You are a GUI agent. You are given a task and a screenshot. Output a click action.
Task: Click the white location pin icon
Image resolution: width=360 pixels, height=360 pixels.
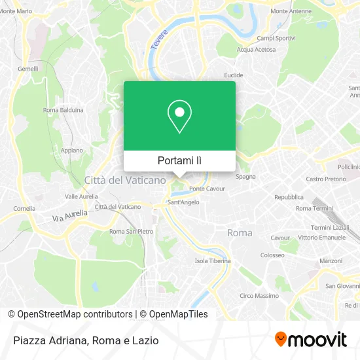[x=179, y=117]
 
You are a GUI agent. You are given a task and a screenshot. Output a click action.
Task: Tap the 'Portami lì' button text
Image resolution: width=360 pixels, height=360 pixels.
[x=179, y=160]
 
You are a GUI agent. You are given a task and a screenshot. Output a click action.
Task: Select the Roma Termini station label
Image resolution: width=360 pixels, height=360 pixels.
[x=314, y=208]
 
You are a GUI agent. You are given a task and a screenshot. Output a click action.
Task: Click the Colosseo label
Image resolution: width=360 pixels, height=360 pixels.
[x=272, y=255]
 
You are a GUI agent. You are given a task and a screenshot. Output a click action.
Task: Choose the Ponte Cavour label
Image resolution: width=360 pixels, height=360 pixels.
[x=207, y=189]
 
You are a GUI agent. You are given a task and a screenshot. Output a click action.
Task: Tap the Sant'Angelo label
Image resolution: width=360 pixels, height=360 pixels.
[x=183, y=202]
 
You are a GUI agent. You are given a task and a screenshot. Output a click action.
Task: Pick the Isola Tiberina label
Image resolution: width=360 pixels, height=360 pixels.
[x=213, y=261]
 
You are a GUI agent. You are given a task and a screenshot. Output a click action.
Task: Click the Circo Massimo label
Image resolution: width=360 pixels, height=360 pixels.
[x=259, y=296]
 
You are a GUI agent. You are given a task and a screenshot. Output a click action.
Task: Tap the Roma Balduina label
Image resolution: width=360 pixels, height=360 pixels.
[x=63, y=110]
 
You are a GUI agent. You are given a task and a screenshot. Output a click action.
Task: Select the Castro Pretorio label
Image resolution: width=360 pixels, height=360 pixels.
[x=325, y=179]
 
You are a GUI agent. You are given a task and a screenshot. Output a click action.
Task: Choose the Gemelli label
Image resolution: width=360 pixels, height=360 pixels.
[x=28, y=68]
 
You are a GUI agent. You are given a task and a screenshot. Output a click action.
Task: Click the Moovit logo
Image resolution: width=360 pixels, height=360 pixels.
[x=310, y=340]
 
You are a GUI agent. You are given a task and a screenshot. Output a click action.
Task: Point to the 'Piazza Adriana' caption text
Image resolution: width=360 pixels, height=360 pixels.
[x=50, y=340]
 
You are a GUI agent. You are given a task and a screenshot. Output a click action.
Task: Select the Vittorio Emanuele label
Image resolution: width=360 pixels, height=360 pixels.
[x=321, y=237]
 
